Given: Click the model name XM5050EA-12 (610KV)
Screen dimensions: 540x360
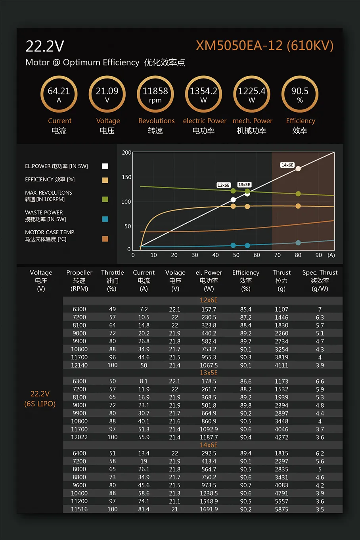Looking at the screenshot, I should point(264,46).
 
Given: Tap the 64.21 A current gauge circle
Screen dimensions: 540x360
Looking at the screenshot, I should point(59,94).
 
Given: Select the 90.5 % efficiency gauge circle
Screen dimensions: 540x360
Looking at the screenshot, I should point(300,94).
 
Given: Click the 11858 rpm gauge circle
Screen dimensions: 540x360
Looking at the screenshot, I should point(155,94).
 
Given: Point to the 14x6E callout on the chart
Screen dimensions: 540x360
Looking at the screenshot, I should point(287,165).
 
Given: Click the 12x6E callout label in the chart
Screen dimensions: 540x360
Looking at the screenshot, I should point(223,185).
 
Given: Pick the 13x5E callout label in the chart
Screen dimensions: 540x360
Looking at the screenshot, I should point(244,185).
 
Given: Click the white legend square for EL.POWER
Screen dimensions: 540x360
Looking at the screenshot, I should point(105,166).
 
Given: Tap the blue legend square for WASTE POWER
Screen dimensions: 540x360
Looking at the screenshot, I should point(105,219).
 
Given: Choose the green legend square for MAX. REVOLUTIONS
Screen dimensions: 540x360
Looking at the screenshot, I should point(105,199).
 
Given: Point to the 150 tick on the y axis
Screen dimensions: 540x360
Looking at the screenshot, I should point(126,177).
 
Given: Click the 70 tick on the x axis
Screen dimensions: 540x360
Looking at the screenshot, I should point(278,255).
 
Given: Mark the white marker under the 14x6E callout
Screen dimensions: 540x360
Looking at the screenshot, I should point(298,169).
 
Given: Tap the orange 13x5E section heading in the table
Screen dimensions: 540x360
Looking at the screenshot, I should point(209,373).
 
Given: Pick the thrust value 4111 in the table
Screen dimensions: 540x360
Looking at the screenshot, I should point(281,365).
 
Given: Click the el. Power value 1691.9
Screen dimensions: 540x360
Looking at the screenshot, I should point(209,509).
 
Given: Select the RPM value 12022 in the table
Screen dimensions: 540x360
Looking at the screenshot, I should point(79,437).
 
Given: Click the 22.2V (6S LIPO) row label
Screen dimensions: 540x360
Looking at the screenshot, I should point(40,398).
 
